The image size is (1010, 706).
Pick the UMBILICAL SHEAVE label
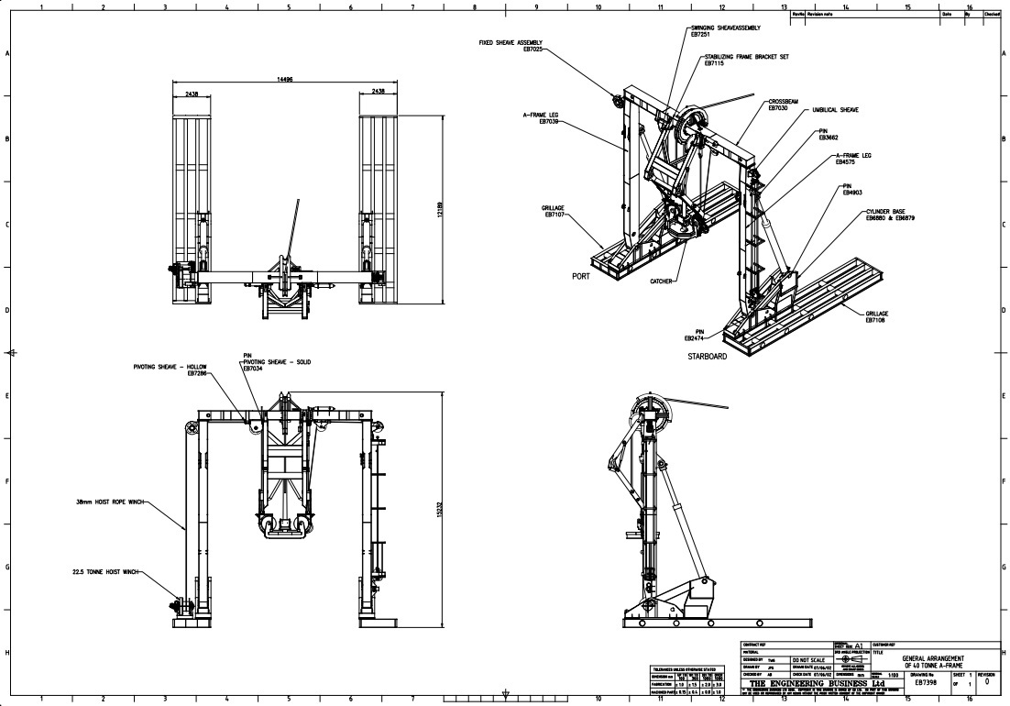[834, 110]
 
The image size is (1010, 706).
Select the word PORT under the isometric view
[580, 274]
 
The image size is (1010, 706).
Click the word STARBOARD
[707, 356]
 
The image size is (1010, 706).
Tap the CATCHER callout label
[663, 281]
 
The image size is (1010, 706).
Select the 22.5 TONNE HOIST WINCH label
[106, 571]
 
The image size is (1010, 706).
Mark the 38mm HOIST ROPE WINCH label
[111, 502]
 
